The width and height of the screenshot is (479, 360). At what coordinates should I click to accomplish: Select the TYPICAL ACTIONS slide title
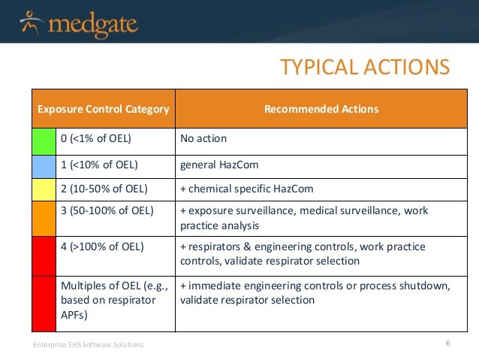[364, 68]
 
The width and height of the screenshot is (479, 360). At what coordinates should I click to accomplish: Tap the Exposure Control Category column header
[104, 110]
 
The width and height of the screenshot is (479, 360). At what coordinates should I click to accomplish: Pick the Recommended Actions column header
[321, 110]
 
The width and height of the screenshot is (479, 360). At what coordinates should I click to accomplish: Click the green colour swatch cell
[44, 139]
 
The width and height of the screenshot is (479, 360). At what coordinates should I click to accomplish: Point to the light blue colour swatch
[44, 163]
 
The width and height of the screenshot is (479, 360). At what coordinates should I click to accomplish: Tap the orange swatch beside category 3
[44, 218]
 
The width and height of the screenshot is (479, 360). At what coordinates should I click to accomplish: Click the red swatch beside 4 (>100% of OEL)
[44, 253]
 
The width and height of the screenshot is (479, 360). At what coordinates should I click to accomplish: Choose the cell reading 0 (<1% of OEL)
[95, 139]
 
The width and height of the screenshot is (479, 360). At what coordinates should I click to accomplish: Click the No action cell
[203, 139]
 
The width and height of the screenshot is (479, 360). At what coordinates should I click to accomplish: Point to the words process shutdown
[411, 286]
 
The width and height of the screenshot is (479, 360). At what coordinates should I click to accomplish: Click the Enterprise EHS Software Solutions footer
[88, 344]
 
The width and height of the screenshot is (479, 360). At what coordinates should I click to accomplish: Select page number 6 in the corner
[447, 343]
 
